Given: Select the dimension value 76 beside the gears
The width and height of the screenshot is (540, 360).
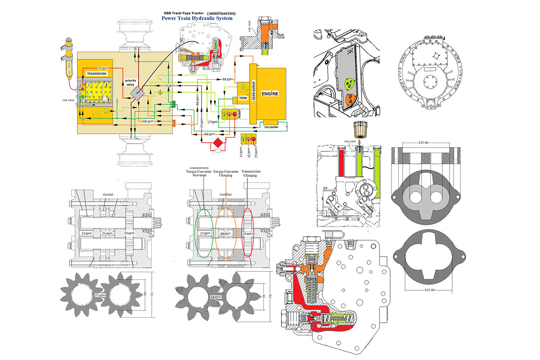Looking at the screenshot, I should (x=269, y=297).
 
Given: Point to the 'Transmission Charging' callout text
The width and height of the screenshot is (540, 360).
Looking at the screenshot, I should (x=250, y=174).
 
